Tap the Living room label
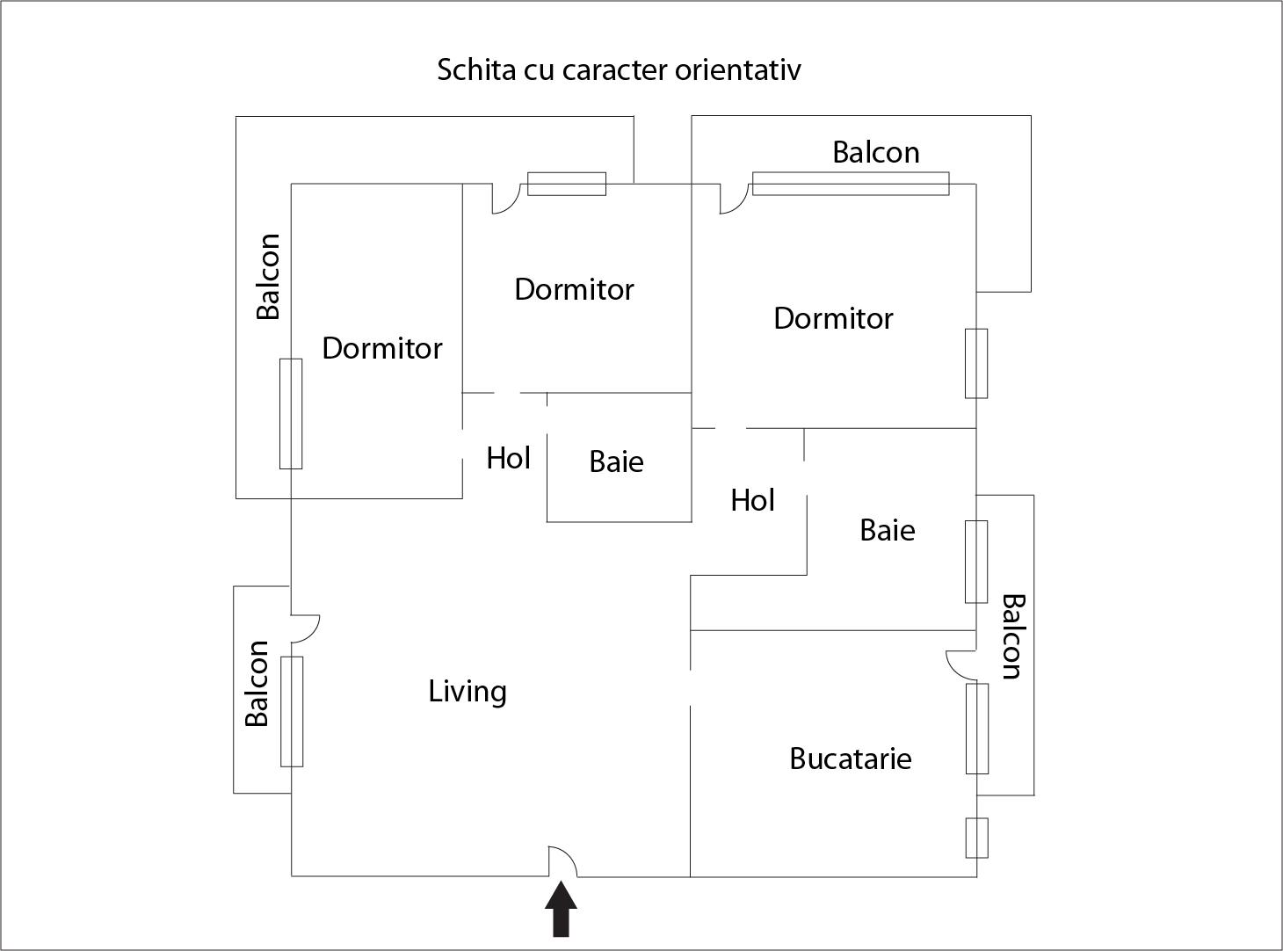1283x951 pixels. click(468, 692)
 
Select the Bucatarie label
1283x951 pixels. click(850, 759)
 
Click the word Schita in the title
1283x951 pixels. click(475, 69)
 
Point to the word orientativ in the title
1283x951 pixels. click(737, 69)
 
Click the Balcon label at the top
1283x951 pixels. click(875, 152)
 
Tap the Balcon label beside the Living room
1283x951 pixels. click(257, 684)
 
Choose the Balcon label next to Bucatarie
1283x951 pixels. click(1012, 637)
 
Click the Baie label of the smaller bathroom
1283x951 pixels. click(616, 461)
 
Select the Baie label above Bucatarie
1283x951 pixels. click(887, 530)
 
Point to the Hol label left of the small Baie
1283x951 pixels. click(508, 458)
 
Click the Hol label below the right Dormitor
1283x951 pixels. click(752, 500)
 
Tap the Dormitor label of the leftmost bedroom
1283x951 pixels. click(381, 348)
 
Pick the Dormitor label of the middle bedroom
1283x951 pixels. click(574, 289)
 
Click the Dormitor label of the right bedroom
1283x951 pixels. click(833, 318)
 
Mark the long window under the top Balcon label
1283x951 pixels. click(851, 183)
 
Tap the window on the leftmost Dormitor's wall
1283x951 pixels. click(291, 413)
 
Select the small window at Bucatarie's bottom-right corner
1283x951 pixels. click(976, 838)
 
